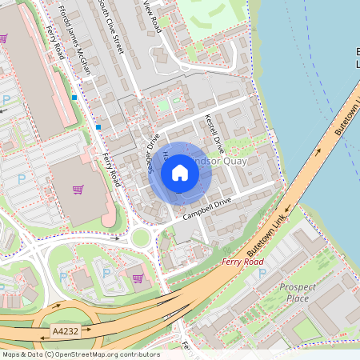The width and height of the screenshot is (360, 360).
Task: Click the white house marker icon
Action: click(180, 172)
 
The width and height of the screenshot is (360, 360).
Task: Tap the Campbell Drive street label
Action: click(206, 209)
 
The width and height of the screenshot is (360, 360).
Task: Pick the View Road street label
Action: click(152, 16)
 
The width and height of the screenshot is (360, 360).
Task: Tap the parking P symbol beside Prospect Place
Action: click(262, 273)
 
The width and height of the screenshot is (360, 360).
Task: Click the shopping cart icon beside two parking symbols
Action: click(138, 278)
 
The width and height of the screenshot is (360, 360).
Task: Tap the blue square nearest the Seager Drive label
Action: click(98, 126)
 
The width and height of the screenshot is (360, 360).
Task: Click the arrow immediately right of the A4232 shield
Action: click(89, 328)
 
